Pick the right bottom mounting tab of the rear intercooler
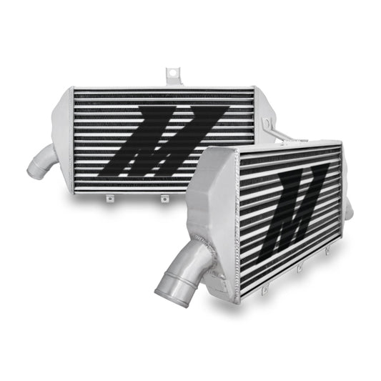[x=164, y=199]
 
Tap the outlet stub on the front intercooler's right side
[x=349, y=207]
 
